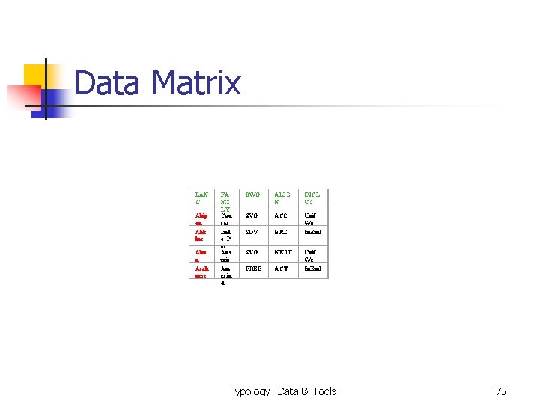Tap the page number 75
[x=501, y=391]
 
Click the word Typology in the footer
[x=250, y=391]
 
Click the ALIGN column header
[x=281, y=198]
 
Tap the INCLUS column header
[x=311, y=198]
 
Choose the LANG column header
[x=201, y=198]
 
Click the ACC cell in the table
[x=281, y=216]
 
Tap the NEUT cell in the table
[x=282, y=252]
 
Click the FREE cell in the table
[x=255, y=268]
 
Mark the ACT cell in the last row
[x=281, y=268]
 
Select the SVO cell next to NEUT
[x=254, y=252]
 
